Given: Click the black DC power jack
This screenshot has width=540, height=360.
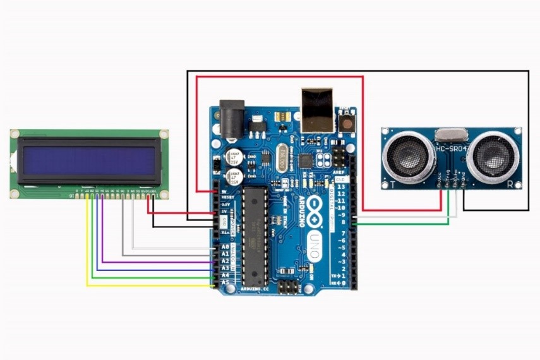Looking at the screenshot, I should (231, 119).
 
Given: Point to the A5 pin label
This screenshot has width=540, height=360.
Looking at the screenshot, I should (224, 283).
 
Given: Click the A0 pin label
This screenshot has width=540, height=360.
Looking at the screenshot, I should (224, 247).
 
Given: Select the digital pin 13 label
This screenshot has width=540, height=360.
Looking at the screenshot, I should (342, 186).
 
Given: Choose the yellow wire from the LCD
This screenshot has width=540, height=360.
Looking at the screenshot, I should (88, 253).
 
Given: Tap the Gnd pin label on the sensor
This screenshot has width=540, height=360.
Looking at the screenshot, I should (463, 176).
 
